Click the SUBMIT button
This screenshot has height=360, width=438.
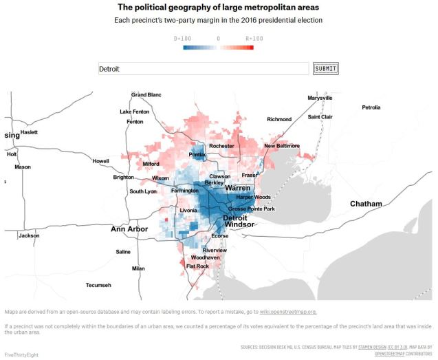[326, 68]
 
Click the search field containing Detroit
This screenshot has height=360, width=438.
[203, 69]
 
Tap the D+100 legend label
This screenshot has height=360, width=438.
[183, 39]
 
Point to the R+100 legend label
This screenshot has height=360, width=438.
[254, 39]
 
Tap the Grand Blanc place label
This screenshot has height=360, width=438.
[146, 94]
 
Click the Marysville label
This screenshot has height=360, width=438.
[320, 98]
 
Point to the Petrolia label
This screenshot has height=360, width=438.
[371, 107]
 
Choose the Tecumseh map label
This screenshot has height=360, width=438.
[98, 284]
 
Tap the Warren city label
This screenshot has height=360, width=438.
[237, 187]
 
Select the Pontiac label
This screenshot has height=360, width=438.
[198, 155]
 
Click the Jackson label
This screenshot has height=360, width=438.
[29, 235]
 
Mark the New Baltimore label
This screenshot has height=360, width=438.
[282, 146]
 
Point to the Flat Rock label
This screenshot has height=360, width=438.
[197, 266]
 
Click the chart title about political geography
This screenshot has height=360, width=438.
[218, 7]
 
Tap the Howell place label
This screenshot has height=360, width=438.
[100, 161]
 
